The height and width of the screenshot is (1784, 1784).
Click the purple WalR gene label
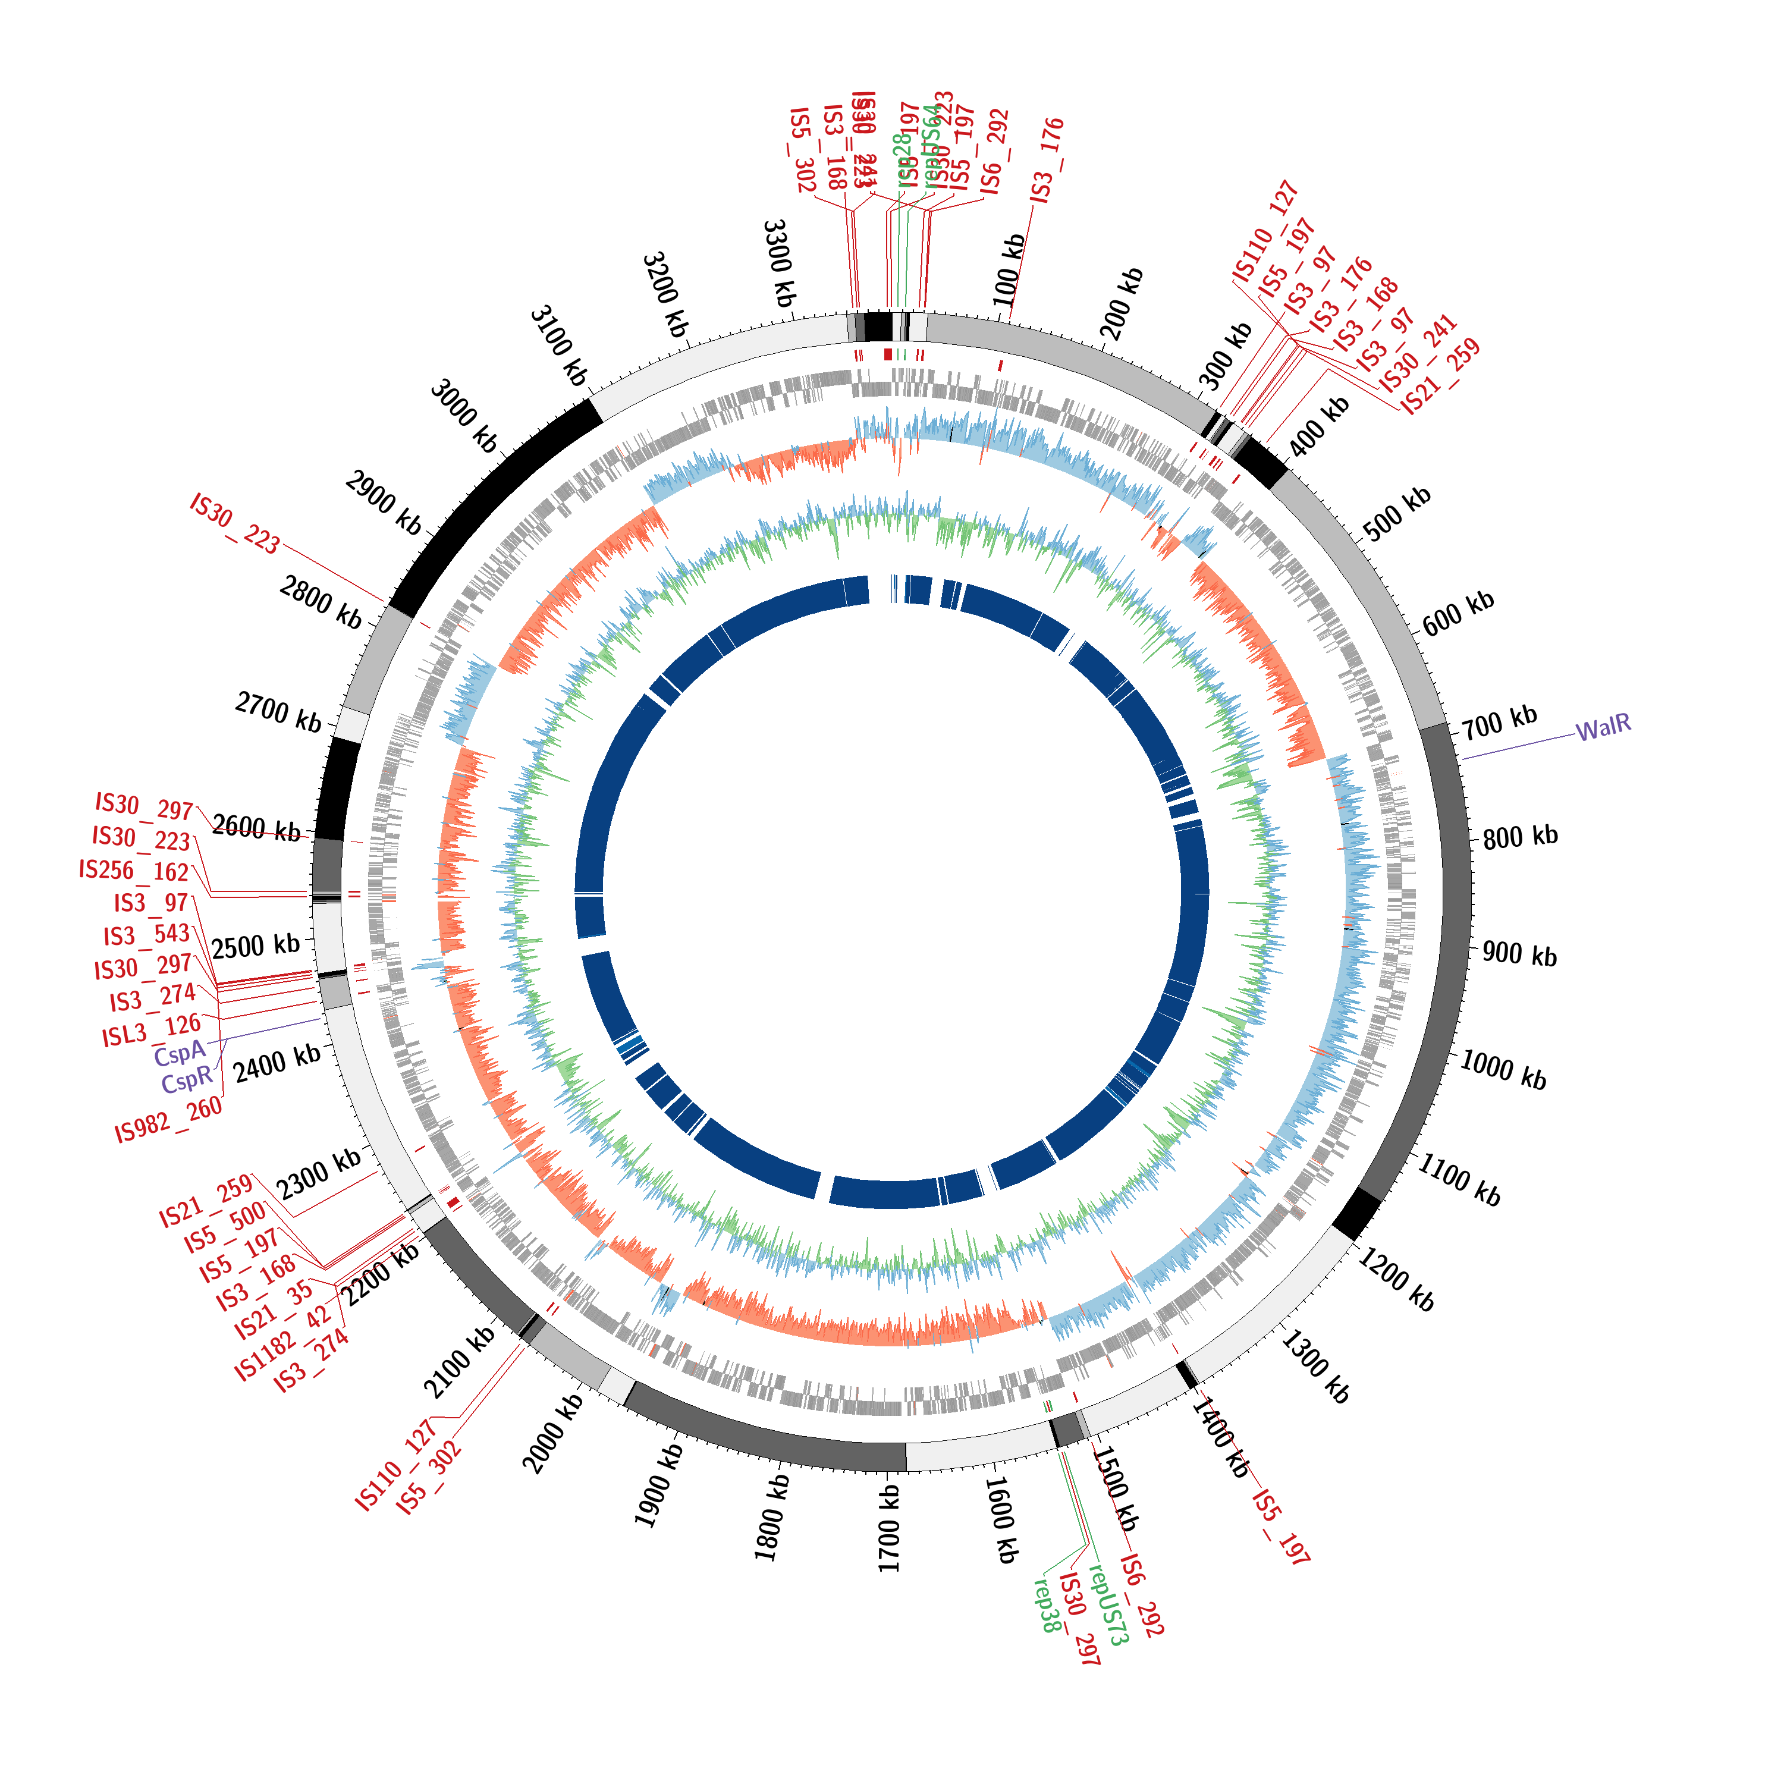[1603, 728]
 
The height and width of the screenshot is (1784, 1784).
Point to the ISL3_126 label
[152, 1031]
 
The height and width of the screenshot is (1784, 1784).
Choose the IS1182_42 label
[282, 1343]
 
